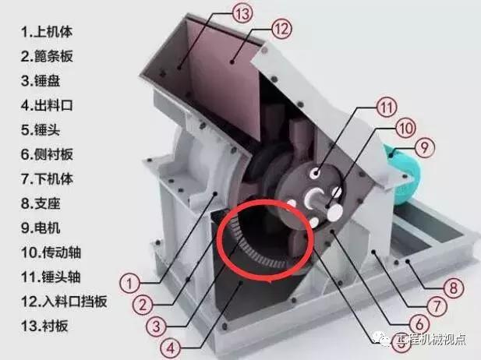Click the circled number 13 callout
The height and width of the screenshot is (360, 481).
[242, 13]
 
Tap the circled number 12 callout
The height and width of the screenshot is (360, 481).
[281, 29]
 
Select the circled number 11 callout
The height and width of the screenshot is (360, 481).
[387, 107]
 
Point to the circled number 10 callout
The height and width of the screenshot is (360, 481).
[405, 128]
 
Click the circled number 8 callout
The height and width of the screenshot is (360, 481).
[453, 288]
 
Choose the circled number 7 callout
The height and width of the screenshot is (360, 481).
[437, 305]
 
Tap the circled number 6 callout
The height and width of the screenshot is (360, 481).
[419, 323]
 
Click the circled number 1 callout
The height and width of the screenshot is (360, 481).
[129, 283]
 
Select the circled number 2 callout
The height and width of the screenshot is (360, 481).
[143, 305]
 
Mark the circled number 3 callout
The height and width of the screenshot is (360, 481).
[157, 326]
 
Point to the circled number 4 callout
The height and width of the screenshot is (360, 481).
[171, 348]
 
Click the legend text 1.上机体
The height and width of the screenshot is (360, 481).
[47, 32]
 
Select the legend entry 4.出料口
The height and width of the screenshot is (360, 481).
[47, 105]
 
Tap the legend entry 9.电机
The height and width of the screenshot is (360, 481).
[41, 228]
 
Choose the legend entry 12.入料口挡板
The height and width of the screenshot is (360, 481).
[64, 302]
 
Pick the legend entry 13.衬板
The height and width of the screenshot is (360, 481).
[44, 326]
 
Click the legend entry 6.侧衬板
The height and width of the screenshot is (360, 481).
[47, 154]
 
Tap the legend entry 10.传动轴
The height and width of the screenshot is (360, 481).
[51, 252]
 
